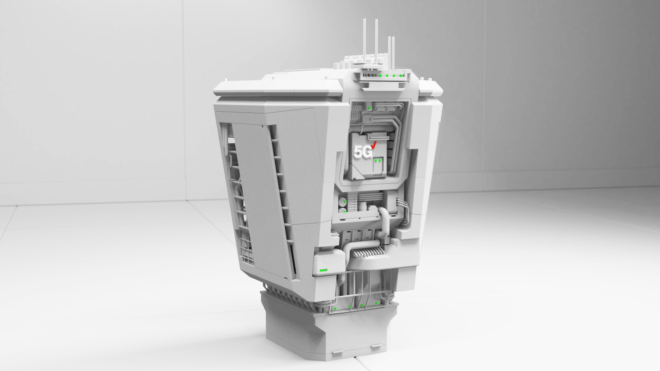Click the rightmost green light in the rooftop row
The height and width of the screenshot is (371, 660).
tap(400, 76)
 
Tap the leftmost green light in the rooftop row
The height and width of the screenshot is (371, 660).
tap(380, 76)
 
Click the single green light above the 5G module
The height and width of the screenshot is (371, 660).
tap(369, 108)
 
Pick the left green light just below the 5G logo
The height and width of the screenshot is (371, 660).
tap(376, 159)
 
